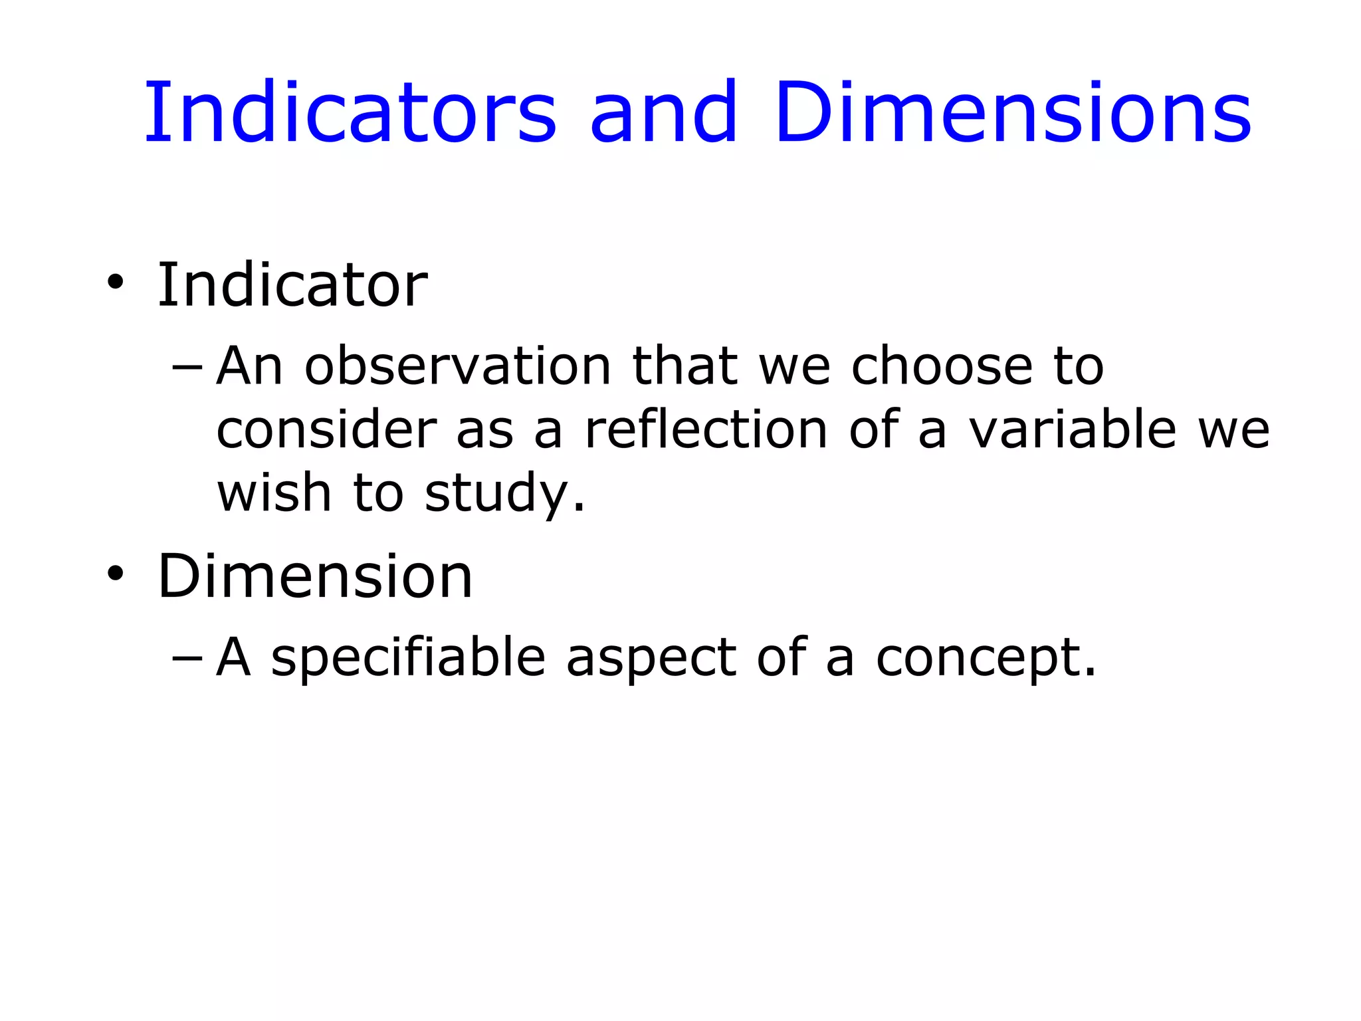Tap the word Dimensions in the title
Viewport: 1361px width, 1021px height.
1013,113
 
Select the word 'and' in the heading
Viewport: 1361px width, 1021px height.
664,113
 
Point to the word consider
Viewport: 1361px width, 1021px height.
326,430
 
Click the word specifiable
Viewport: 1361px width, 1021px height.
408,658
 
